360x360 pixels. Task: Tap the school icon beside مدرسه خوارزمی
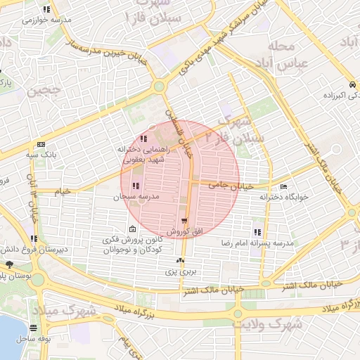coord(46,10)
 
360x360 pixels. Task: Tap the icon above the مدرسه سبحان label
coord(136,186)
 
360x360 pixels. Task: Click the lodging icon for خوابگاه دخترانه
coord(284,187)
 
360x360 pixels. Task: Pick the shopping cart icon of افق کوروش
coord(184,221)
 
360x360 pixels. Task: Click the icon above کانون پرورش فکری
coord(132,229)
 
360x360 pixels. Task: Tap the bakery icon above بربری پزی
coord(180,261)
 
